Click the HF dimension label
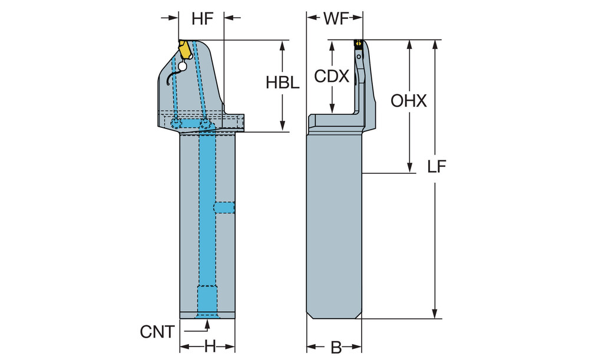click(201, 18)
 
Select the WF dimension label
click(333, 18)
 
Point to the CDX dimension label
click(332, 76)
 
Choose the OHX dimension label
click(409, 101)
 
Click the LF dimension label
click(436, 167)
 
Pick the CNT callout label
click(157, 332)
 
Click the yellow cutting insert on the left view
click(187, 49)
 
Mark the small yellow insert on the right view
click(357, 42)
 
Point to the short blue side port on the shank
click(224, 207)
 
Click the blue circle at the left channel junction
click(176, 123)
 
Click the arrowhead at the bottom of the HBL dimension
click(283, 125)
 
